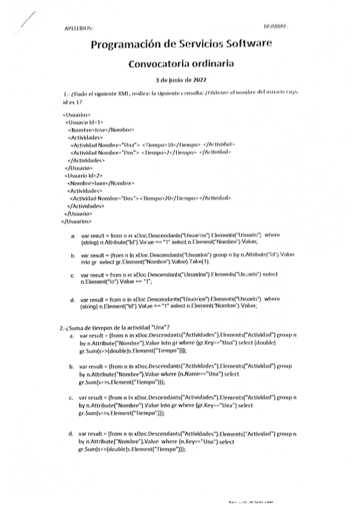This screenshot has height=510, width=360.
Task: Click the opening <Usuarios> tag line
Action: click(x=76, y=114)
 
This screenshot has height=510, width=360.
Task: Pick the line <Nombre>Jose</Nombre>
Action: click(x=101, y=130)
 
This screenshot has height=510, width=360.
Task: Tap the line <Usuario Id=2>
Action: click(x=81, y=175)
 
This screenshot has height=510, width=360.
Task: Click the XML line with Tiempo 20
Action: click(x=150, y=198)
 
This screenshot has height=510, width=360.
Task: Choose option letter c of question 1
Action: click(x=72, y=275)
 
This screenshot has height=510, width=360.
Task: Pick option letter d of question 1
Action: click(x=72, y=299)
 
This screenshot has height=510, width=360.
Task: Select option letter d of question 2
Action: click(x=71, y=433)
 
